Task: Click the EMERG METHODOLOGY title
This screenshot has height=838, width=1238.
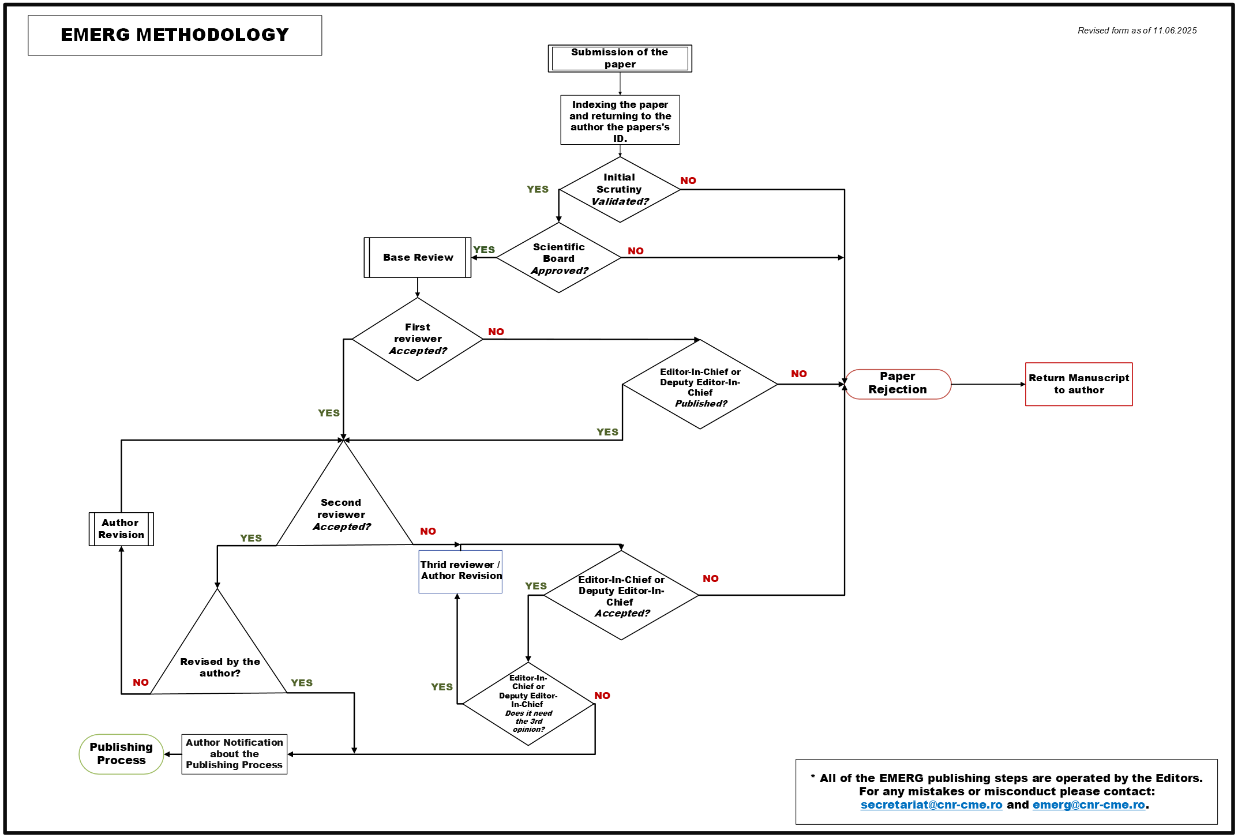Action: [x=175, y=35]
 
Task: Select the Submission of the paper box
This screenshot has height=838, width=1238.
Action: [x=620, y=58]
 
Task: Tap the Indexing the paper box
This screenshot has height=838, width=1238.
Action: [x=620, y=121]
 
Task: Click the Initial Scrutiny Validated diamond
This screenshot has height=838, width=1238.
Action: [x=620, y=190]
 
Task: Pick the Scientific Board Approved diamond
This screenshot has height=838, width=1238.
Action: [x=558, y=258]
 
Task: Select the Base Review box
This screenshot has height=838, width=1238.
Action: [x=418, y=257]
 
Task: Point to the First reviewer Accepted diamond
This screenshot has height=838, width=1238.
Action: [x=418, y=339]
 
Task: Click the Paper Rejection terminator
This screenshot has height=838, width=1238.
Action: [x=898, y=384]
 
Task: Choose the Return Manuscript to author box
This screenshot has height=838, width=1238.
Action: [x=1078, y=384]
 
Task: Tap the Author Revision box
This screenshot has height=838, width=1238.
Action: [x=121, y=529]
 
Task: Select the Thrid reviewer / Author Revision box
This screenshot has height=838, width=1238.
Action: [x=460, y=571]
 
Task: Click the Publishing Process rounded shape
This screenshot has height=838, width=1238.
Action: [x=121, y=754]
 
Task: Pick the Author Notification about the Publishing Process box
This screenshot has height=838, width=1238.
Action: [x=234, y=754]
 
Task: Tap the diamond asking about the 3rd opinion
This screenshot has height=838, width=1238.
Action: [x=528, y=704]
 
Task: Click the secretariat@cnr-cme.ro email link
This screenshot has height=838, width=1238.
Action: [x=931, y=805]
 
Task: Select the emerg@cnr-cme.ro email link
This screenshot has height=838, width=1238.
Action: [x=1088, y=805]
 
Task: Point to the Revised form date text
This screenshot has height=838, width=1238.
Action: [x=1136, y=31]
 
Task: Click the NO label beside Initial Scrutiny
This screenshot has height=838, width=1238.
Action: [x=688, y=181]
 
